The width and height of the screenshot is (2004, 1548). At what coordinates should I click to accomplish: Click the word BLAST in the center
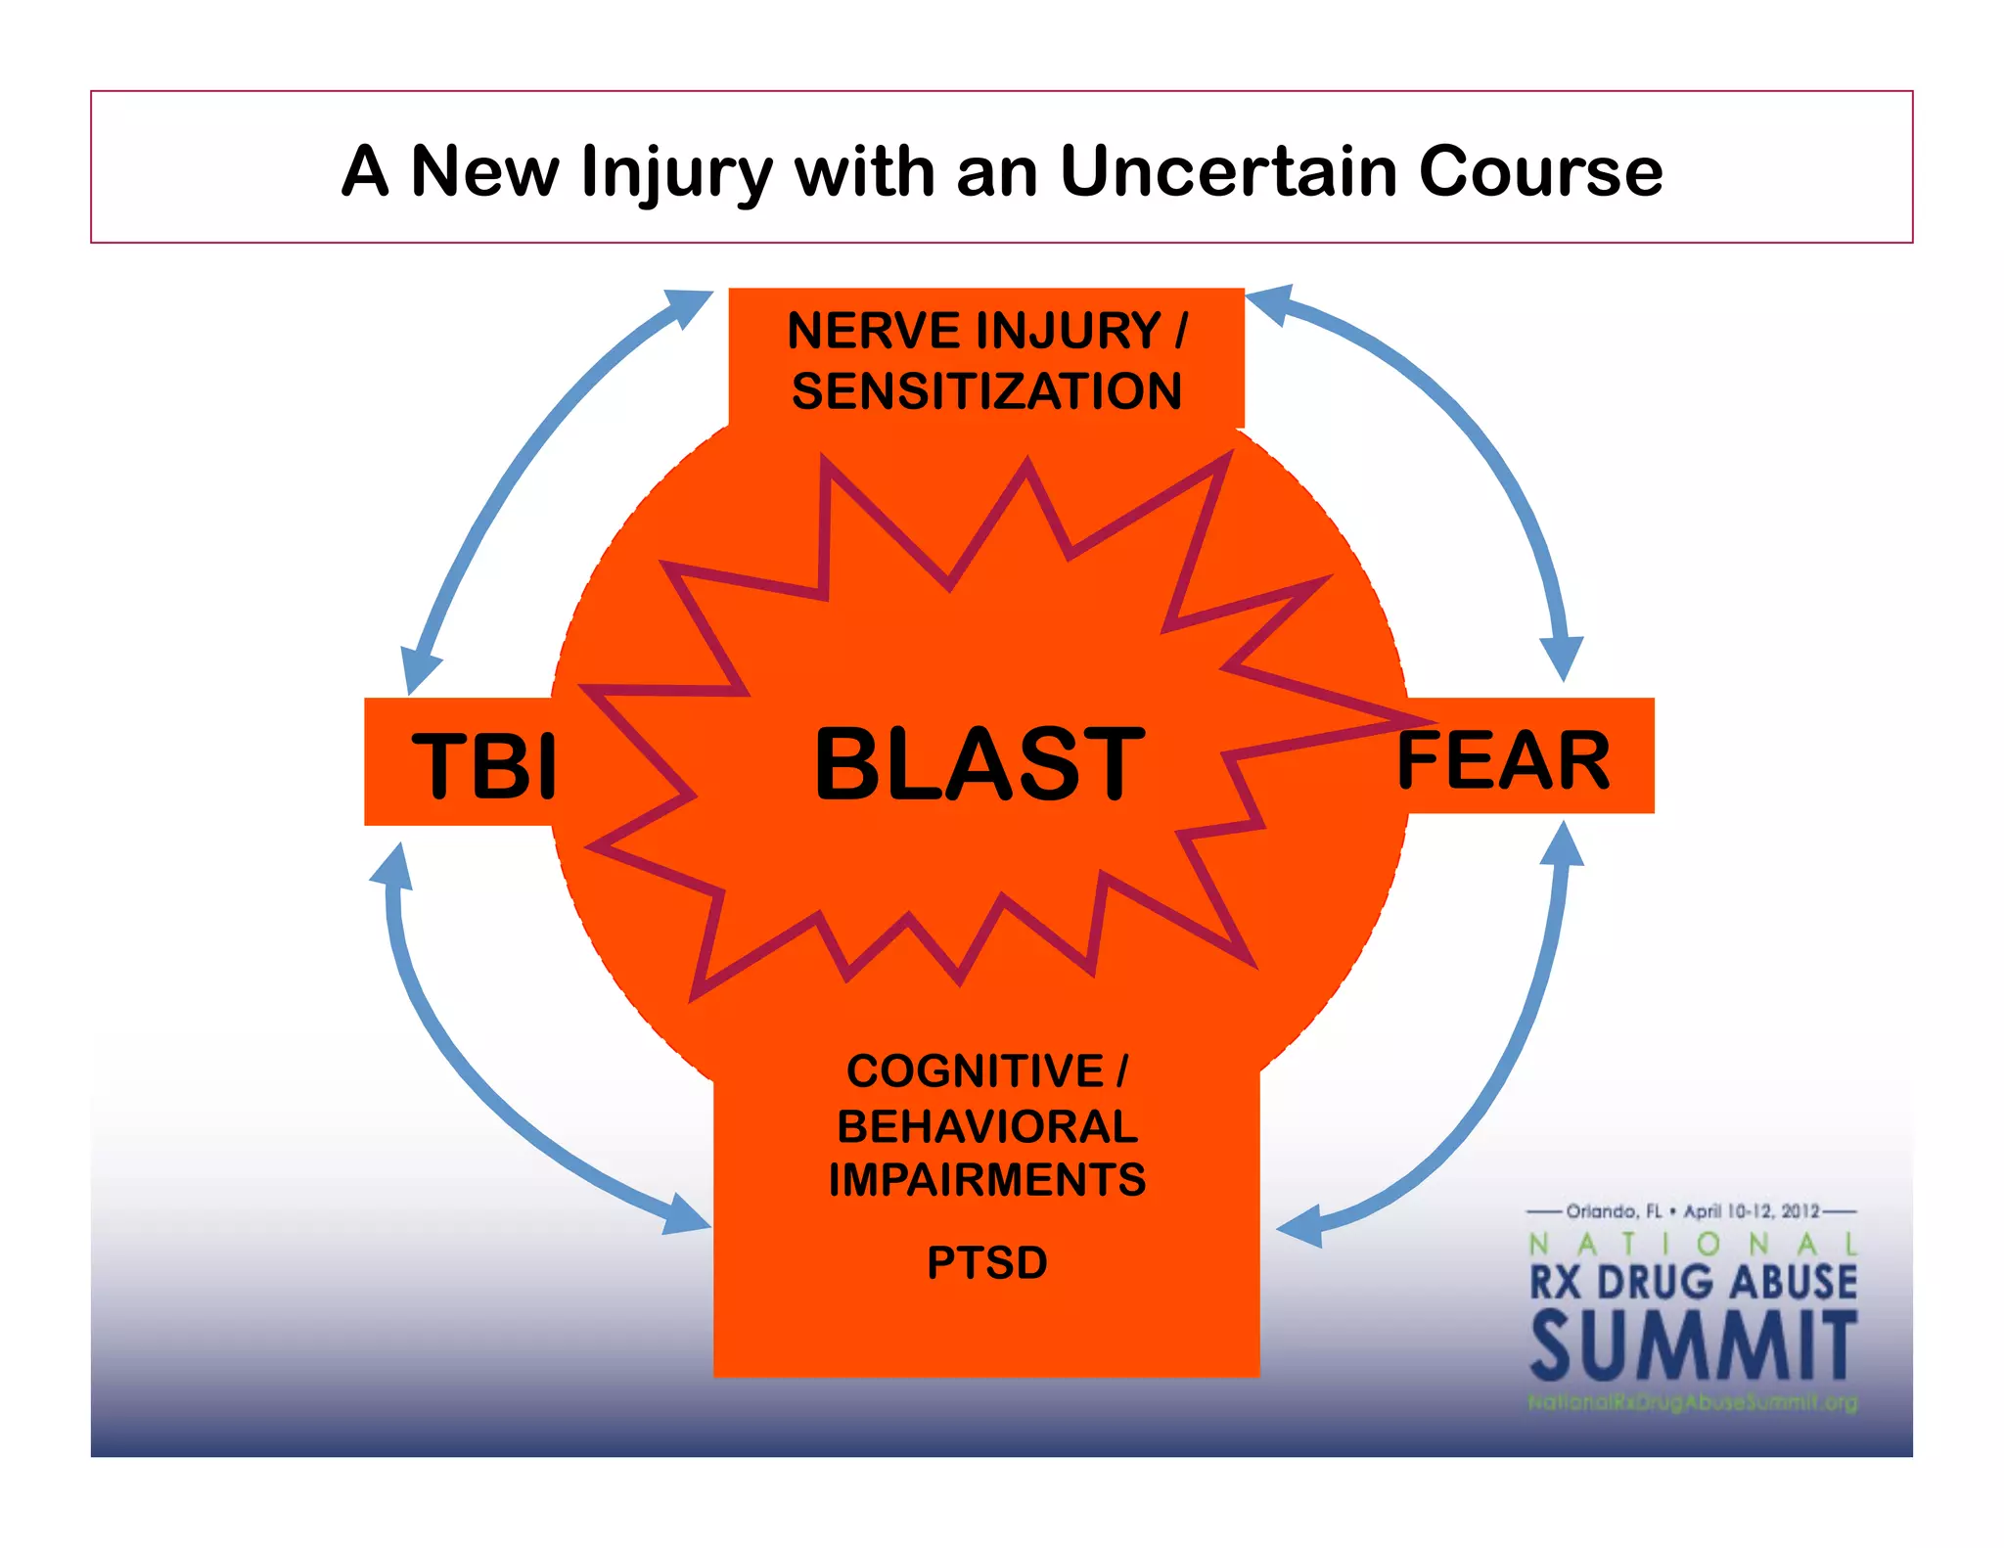coord(979,763)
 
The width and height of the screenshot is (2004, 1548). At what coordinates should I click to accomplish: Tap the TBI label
coord(483,765)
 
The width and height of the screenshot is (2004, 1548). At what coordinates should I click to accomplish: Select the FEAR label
coord(1503,760)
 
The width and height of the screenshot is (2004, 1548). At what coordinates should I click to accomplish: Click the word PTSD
coord(986,1262)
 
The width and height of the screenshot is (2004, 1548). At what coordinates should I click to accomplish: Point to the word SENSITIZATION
coord(986,390)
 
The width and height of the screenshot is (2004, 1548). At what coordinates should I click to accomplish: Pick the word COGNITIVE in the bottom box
coord(975,1070)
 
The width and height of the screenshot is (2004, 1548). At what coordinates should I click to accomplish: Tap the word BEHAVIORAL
coord(986,1126)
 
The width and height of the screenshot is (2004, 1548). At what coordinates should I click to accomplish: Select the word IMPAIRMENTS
coord(986,1179)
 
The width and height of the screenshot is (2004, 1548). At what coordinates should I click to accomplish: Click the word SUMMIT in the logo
coord(1693,1347)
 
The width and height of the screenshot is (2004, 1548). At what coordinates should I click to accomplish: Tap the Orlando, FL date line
coord(1692,1211)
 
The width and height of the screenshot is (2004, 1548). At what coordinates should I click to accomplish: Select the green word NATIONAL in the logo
coord(1692,1244)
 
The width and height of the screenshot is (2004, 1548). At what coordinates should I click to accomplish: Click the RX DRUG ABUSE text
coord(1692,1282)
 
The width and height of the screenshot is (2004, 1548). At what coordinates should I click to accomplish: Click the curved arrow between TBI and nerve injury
coord(519,470)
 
